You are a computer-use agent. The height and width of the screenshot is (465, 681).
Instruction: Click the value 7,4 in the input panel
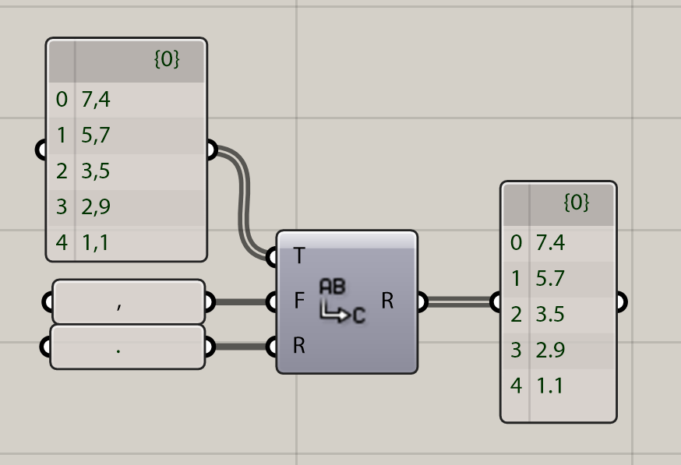[96, 100]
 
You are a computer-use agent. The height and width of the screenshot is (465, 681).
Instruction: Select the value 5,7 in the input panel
[96, 136]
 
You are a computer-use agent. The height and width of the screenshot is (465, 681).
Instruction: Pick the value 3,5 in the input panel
[96, 171]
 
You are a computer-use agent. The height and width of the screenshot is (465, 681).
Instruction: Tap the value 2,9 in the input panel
[96, 207]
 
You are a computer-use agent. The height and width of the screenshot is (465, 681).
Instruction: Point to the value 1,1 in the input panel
[95, 243]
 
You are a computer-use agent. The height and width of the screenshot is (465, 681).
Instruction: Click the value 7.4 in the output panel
[550, 243]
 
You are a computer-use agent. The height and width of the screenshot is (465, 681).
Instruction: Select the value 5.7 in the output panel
[550, 279]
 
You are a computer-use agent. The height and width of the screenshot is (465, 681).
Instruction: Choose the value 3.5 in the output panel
[550, 315]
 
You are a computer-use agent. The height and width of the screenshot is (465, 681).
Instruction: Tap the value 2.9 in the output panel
[550, 351]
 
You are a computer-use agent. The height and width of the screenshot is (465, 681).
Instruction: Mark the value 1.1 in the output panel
[549, 386]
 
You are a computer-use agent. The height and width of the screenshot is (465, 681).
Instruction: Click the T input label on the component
[300, 255]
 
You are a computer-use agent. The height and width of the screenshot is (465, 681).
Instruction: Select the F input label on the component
[299, 301]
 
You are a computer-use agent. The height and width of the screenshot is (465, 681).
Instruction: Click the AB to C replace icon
[341, 301]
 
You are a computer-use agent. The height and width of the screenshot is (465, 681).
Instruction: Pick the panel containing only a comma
[128, 302]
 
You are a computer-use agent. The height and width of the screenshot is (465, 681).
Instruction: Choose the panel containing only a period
[128, 347]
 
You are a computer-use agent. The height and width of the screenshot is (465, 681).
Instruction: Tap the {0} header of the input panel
[167, 60]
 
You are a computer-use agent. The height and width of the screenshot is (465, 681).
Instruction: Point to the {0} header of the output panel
[576, 203]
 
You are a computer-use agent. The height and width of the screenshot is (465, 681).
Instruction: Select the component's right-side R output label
[387, 301]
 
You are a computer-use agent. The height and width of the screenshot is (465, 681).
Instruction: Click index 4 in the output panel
[516, 386]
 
